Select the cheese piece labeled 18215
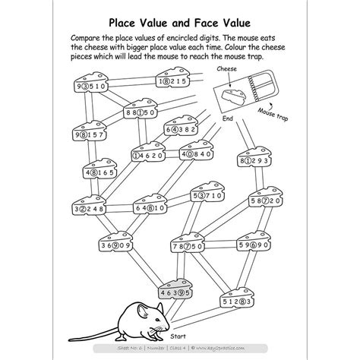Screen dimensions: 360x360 coord(175,77)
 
